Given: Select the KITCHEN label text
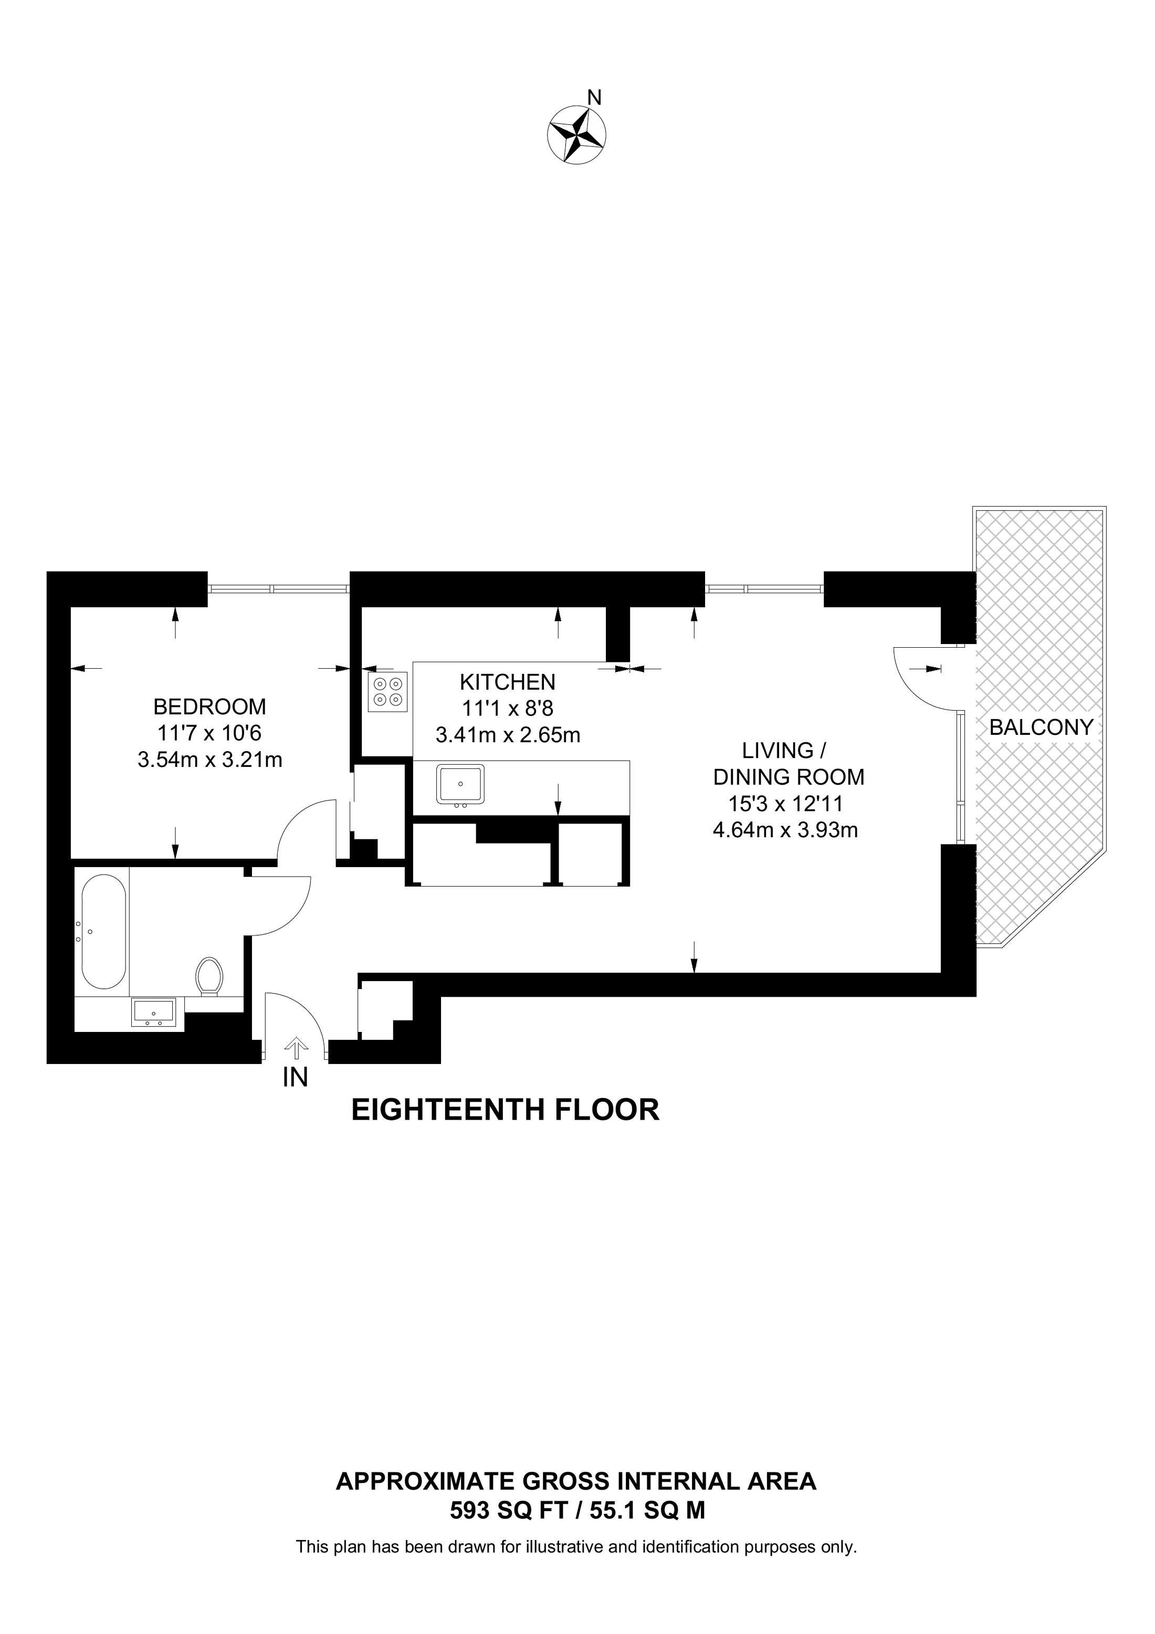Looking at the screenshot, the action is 507,682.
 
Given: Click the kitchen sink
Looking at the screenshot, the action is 460,786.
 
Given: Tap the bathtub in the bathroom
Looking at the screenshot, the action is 104,932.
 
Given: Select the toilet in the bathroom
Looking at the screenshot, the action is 209,975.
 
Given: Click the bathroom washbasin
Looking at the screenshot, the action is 153,1012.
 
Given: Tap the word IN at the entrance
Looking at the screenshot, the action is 296,1078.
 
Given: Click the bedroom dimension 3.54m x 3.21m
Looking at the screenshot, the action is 210,760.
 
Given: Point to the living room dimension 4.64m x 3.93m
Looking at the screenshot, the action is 785,830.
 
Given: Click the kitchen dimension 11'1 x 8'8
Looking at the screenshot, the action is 507,708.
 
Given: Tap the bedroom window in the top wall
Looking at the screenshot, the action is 278,588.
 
